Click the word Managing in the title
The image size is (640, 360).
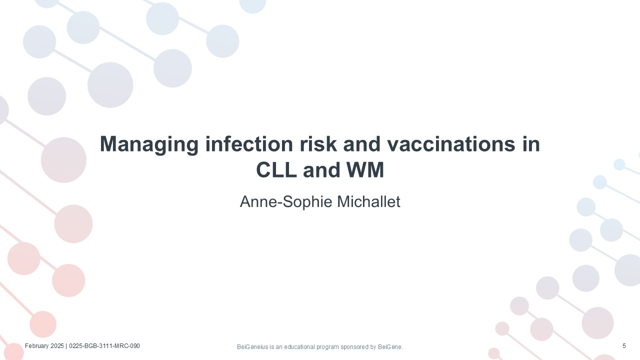pyautogui.click(x=149, y=145)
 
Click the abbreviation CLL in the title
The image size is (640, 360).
pyautogui.click(x=276, y=170)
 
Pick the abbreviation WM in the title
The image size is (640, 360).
pyautogui.click(x=365, y=170)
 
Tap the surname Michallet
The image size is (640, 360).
pyautogui.click(x=368, y=201)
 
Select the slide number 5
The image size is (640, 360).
pyautogui.click(x=624, y=346)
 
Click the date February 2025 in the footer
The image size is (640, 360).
pyautogui.click(x=44, y=346)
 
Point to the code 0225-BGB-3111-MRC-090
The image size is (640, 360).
pyautogui.click(x=104, y=346)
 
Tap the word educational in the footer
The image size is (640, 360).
pyautogui.click(x=299, y=347)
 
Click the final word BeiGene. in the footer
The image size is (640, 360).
pyautogui.click(x=390, y=347)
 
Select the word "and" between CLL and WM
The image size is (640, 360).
pyautogui.click(x=321, y=170)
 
